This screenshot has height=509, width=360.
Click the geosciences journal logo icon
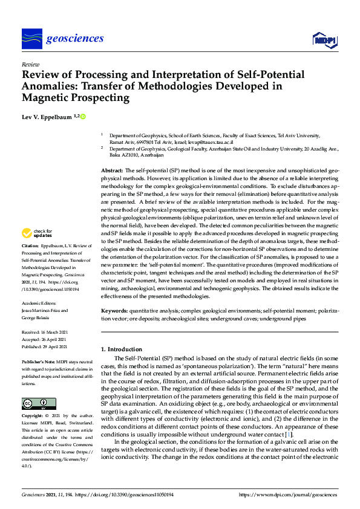tap(31, 39)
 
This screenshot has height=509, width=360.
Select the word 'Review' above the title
tap(30, 63)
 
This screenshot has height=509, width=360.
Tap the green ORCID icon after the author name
tap(83, 116)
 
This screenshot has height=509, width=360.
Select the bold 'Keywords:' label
tap(114, 310)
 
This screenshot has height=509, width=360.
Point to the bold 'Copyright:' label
tap(32, 417)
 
